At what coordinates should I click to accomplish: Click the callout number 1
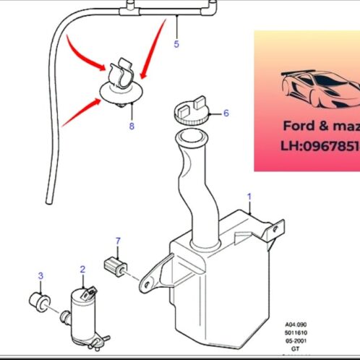249,196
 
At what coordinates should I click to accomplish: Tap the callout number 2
82,269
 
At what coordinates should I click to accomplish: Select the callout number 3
40,275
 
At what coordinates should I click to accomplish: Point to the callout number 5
176,44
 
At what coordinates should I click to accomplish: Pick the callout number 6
226,113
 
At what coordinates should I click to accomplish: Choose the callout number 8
131,126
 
